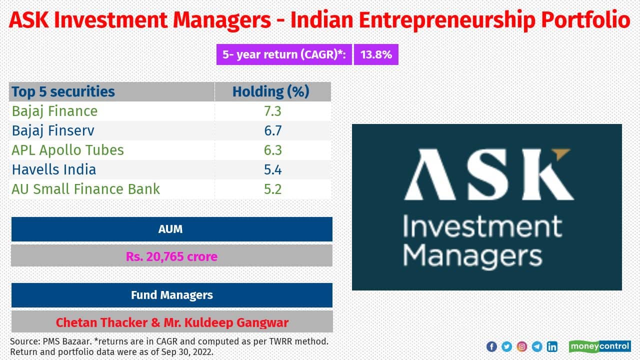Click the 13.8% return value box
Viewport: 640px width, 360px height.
[x=376, y=55]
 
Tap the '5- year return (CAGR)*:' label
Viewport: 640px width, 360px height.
[x=284, y=55]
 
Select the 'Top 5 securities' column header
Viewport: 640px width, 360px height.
[x=63, y=92]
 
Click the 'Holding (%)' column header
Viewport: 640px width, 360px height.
[x=271, y=92]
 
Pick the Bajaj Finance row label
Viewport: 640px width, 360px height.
[x=54, y=111]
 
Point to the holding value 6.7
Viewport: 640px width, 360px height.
[x=273, y=131]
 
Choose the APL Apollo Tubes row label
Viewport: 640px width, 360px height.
[x=67, y=150]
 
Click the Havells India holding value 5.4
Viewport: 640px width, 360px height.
[x=273, y=170]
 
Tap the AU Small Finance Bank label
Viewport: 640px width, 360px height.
[x=86, y=189]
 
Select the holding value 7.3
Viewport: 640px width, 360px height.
[x=273, y=111]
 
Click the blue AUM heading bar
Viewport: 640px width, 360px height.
[x=171, y=229]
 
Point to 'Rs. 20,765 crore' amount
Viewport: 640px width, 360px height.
[x=171, y=257]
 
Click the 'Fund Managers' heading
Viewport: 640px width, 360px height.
[x=171, y=295]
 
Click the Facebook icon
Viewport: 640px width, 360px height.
[x=491, y=346]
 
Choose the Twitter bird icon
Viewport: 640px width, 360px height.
[x=506, y=346]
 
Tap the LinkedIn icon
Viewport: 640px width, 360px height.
[x=552, y=346]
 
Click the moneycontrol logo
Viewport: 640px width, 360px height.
[x=599, y=346]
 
